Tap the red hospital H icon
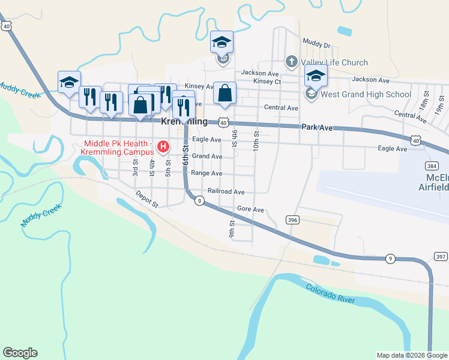click(162, 146)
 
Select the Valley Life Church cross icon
click(291, 62)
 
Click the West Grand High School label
click(366, 94)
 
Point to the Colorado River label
click(331, 293)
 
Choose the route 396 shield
click(292, 220)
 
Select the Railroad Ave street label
click(226, 191)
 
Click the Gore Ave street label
click(250, 209)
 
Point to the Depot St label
click(146, 199)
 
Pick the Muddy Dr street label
click(316, 44)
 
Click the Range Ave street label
click(206, 173)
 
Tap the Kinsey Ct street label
click(267, 81)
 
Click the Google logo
click(20, 353)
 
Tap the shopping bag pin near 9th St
click(224, 93)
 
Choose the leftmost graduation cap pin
click(68, 82)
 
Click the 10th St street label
click(256, 141)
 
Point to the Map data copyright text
click(412, 355)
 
